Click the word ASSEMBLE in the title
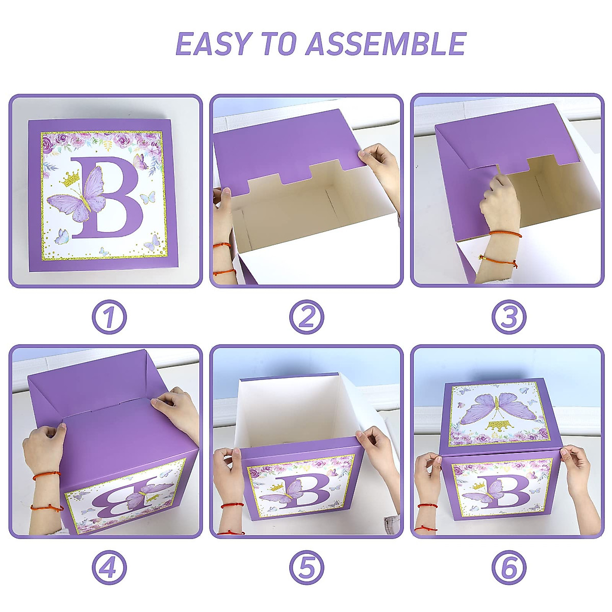tap(386, 44)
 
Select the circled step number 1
tap(109, 317)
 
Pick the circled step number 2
tap(307, 317)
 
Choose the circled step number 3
tap(508, 317)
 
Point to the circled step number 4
tap(109, 567)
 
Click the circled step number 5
tap(307, 567)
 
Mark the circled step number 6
tap(508, 567)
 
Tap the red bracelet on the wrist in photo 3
tap(505, 234)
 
